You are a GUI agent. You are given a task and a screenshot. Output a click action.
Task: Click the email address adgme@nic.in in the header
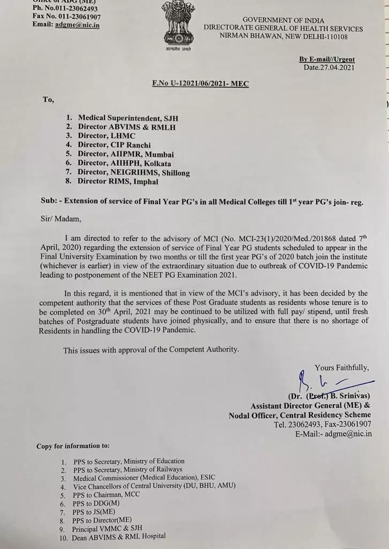tap(77, 25)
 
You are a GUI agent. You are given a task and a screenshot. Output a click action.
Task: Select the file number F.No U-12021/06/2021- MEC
tap(200, 84)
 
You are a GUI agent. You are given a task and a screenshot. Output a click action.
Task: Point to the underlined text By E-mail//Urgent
tap(327, 60)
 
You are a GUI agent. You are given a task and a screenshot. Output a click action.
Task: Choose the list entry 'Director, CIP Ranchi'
tap(115, 145)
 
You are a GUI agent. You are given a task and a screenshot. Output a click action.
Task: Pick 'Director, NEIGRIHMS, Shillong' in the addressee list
tap(134, 173)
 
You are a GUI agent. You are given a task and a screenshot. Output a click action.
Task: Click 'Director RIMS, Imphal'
tap(118, 182)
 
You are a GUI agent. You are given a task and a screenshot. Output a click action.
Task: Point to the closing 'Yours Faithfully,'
tap(342, 367)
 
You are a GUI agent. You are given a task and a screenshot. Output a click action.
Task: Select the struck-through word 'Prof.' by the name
tap(316, 397)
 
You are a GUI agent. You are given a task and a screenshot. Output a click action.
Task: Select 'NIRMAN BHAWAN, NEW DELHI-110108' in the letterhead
tap(283, 36)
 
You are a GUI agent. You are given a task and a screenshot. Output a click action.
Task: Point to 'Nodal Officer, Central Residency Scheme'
tap(300, 415)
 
